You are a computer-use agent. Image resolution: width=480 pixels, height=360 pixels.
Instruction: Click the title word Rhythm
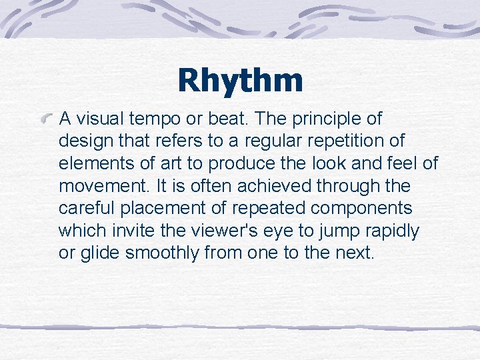(240, 81)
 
